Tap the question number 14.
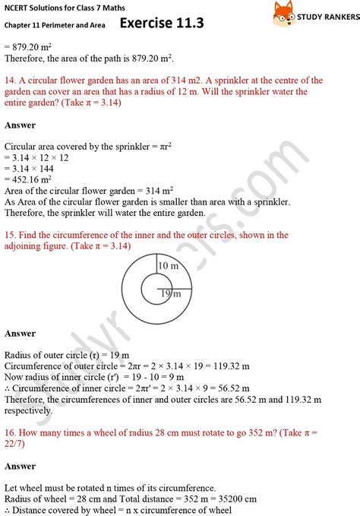pyautogui.click(x=10, y=81)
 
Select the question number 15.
pyautogui.click(x=10, y=236)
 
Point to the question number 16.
pyautogui.click(x=10, y=432)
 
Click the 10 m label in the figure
pyautogui.click(x=167, y=266)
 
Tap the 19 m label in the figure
pyautogui.click(x=170, y=293)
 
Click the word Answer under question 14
pyautogui.click(x=20, y=125)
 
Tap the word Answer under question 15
pyautogui.click(x=20, y=334)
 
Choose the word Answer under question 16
pyautogui.click(x=20, y=466)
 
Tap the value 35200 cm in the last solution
pyautogui.click(x=233, y=499)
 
